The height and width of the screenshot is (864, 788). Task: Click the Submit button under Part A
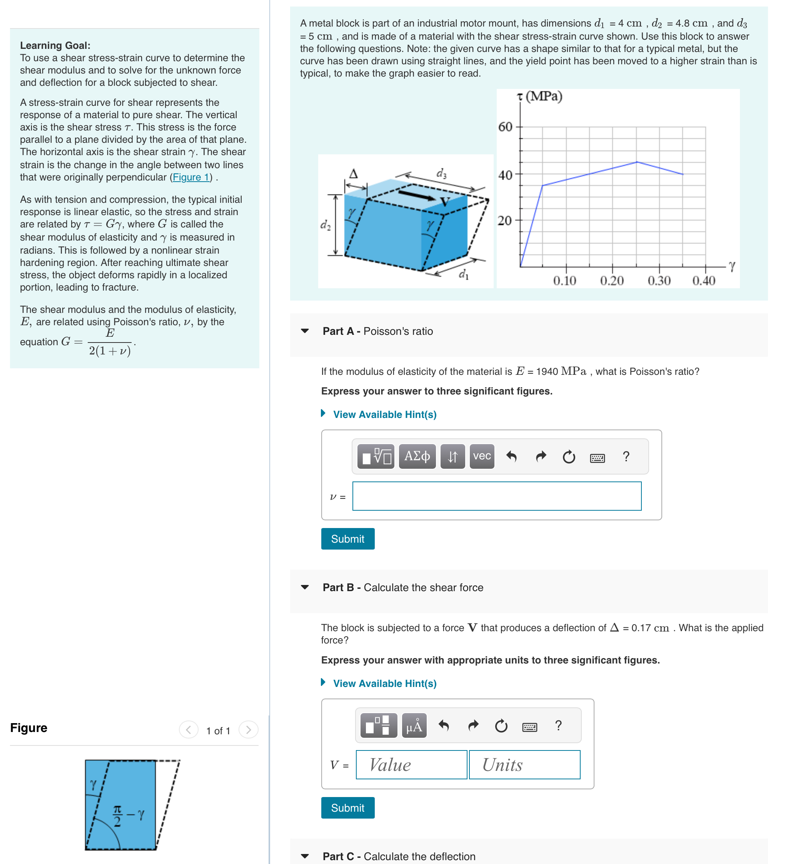click(x=347, y=539)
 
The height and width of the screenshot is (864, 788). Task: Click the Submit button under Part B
click(x=347, y=808)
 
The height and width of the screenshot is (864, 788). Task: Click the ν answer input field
click(x=497, y=496)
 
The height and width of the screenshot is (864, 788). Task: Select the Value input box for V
click(x=411, y=765)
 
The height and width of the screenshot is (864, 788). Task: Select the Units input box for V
click(x=524, y=765)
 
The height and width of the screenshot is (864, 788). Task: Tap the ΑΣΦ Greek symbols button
click(x=417, y=456)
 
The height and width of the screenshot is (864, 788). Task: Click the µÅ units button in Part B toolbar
click(x=414, y=726)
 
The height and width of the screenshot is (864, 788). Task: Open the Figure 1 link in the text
click(x=191, y=177)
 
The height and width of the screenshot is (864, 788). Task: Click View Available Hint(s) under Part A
click(x=384, y=414)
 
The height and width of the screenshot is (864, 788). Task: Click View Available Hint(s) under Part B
click(x=384, y=684)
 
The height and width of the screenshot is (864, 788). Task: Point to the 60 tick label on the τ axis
click(x=505, y=127)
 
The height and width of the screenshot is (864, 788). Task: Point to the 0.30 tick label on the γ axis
click(x=659, y=281)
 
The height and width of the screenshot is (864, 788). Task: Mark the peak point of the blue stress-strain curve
click(x=637, y=162)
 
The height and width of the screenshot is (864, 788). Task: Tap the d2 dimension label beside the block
click(x=325, y=225)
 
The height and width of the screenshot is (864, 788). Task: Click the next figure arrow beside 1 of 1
click(x=249, y=730)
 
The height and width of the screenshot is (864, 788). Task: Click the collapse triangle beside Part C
click(x=305, y=856)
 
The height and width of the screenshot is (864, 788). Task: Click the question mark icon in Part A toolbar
click(x=626, y=456)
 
